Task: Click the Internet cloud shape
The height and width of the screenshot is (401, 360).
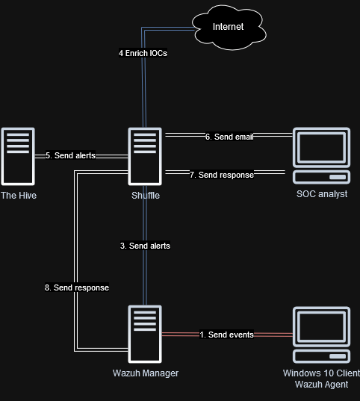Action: pyautogui.click(x=229, y=28)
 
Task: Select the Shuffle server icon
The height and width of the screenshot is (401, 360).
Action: pyautogui.click(x=145, y=156)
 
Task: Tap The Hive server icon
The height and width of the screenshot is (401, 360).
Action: pyautogui.click(x=18, y=156)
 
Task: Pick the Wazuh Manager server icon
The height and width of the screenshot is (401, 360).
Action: pyautogui.click(x=145, y=334)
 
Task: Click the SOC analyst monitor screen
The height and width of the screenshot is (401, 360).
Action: pyautogui.click(x=321, y=148)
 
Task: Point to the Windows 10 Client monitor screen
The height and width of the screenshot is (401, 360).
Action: pyautogui.click(x=321, y=327)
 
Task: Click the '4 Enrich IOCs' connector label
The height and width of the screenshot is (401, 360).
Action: pyautogui.click(x=143, y=53)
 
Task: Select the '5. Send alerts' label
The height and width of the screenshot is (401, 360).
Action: pyautogui.click(x=70, y=155)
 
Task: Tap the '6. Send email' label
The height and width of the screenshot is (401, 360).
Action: pyautogui.click(x=229, y=137)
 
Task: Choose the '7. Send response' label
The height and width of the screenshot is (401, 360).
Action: pyautogui.click(x=222, y=175)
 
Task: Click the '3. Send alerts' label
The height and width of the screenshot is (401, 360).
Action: pyautogui.click(x=145, y=246)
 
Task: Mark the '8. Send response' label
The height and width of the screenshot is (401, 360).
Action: pyautogui.click(x=77, y=287)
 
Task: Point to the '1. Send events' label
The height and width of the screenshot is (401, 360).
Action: pyautogui.click(x=227, y=335)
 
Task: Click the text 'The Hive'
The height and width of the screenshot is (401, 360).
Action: pyautogui.click(x=19, y=196)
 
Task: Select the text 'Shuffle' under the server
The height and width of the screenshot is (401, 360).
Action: pyautogui.click(x=146, y=196)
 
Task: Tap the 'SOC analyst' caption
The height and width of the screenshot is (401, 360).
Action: pyautogui.click(x=322, y=194)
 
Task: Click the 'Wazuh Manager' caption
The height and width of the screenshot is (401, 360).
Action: pyautogui.click(x=146, y=373)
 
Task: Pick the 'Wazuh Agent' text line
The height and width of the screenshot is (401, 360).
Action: pyautogui.click(x=322, y=385)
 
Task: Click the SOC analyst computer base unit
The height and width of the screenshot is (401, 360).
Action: pyautogui.click(x=321, y=177)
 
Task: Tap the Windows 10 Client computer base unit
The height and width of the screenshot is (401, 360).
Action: pyautogui.click(x=321, y=356)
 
